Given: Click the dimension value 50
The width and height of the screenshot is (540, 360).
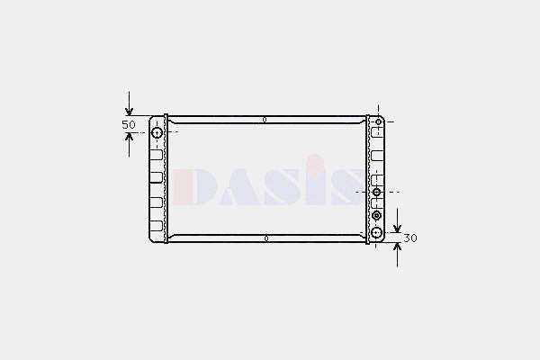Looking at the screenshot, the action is (129, 124).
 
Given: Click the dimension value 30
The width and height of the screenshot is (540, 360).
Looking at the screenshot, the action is (410, 238).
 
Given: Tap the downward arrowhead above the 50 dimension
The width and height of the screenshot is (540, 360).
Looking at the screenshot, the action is (129, 112).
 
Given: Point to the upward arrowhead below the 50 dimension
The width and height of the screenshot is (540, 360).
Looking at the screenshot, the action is (129, 138).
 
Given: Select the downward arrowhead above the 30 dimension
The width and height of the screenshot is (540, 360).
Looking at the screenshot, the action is (398, 228).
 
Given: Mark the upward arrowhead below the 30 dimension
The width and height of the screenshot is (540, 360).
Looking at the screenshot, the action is (398, 247).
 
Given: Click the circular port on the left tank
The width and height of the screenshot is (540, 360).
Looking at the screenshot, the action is (157, 132).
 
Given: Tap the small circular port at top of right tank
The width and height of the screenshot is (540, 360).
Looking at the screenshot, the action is (379, 122).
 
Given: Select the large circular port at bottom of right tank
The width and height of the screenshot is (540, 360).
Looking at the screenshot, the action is (377, 232).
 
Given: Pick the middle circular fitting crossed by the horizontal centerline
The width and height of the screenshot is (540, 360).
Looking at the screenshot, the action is (377, 192).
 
